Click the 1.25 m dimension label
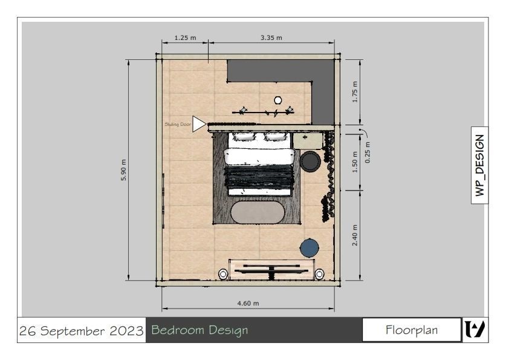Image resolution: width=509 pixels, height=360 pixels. click(x=185, y=38)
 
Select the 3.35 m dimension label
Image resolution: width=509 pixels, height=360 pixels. click(x=271, y=38)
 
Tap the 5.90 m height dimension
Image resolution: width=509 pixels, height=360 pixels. click(x=124, y=170)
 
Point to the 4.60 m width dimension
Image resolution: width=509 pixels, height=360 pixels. click(x=247, y=303)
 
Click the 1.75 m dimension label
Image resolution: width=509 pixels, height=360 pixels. click(x=355, y=92)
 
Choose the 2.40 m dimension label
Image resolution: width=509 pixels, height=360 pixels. click(x=355, y=235)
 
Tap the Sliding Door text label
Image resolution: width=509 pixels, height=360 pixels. click(x=178, y=124)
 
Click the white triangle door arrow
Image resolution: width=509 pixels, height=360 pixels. click(x=199, y=123)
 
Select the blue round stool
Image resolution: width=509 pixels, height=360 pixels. click(x=310, y=247)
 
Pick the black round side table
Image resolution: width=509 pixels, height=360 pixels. click(x=311, y=161)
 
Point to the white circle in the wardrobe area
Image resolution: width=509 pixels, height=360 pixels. click(x=278, y=100)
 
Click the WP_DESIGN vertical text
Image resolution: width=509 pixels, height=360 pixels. click(x=480, y=165)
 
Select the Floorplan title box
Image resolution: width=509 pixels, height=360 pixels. click(x=411, y=330)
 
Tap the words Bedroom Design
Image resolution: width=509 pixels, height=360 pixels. click(x=199, y=330)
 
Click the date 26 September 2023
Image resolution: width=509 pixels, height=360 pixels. click(x=82, y=331)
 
